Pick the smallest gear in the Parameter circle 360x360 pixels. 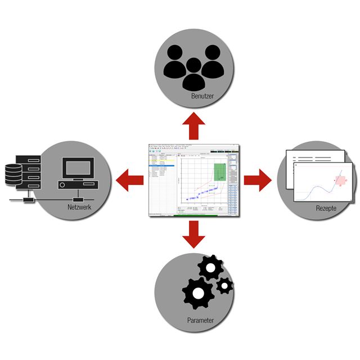tap(224, 285)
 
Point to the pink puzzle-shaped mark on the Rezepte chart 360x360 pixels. tap(340, 181)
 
